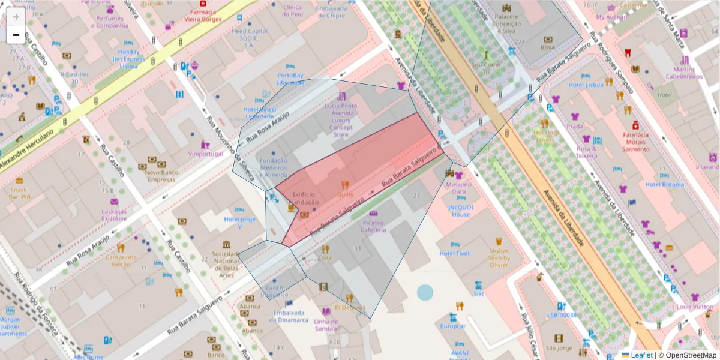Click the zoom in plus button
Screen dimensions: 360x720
pyautogui.click(x=16, y=17)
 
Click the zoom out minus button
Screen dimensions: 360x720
pyautogui.click(x=16, y=35)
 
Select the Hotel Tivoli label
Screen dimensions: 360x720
pyautogui.click(x=455, y=253)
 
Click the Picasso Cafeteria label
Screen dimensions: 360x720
pyautogui.click(x=373, y=226)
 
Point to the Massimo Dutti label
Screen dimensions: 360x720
pyautogui.click(x=460, y=188)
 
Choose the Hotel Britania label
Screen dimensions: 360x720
pyautogui.click(x=665, y=184)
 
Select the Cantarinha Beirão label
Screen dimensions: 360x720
pyautogui.click(x=121, y=260)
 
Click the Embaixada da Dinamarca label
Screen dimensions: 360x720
pyautogui.click(x=289, y=316)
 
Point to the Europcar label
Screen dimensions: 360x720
pyautogui.click(x=453, y=326)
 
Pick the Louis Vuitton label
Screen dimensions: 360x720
pyautogui.click(x=695, y=307)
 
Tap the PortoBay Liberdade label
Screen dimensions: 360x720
pyautogui.click(x=290, y=79)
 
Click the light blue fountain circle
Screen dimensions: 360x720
pyautogui.click(x=425, y=293)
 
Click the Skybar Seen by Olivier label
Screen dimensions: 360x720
pyautogui.click(x=499, y=257)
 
